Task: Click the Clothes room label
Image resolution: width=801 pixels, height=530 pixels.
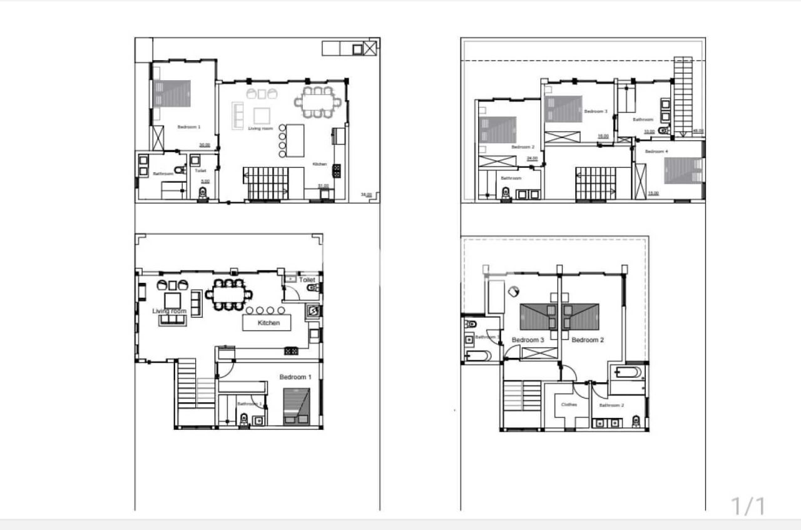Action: coord(569,405)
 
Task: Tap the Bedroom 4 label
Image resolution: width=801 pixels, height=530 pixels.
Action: coord(656,151)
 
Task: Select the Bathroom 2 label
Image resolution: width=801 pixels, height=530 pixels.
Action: coord(611,405)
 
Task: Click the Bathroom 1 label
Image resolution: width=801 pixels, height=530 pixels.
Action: coord(250,404)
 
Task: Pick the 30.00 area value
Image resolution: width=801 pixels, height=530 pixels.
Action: coord(205,145)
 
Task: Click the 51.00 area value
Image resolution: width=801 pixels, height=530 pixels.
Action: coord(324,186)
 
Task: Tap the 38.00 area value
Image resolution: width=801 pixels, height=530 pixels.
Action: coord(366,195)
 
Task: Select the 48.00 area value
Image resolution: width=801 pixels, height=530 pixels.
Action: coord(698,131)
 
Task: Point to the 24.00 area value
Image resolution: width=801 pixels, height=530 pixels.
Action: coord(532,158)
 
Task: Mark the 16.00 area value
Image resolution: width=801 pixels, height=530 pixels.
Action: coord(603,136)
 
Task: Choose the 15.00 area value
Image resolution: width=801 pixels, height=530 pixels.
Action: coord(653,193)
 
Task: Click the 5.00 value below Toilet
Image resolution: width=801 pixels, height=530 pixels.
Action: coord(205,181)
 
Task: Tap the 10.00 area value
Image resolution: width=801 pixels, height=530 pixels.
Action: coord(649,131)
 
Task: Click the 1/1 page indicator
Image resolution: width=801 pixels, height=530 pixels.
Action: coord(748,506)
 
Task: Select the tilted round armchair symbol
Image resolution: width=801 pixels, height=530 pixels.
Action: coord(514,291)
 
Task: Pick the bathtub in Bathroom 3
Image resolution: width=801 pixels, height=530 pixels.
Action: coord(477,357)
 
